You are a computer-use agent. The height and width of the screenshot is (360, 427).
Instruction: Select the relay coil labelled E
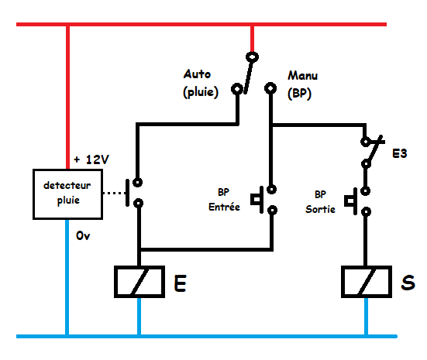pyautogui.click(x=139, y=282)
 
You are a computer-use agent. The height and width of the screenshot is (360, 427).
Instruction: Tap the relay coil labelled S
pyautogui.click(x=367, y=282)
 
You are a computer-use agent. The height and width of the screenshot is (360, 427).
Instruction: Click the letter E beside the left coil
pyautogui.click(x=181, y=283)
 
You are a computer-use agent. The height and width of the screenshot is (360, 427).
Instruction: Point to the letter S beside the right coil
pyautogui.click(x=408, y=282)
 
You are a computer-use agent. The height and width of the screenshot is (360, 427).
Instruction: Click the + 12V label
pyautogui.click(x=91, y=159)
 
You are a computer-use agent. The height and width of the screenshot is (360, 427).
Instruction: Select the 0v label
pyautogui.click(x=83, y=235)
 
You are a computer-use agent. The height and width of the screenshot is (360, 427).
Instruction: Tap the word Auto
pyautogui.click(x=197, y=74)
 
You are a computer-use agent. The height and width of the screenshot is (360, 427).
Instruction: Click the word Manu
pyautogui.click(x=302, y=75)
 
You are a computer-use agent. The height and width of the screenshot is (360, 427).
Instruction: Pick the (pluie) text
pyautogui.click(x=201, y=92)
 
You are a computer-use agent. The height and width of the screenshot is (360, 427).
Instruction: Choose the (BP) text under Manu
pyautogui.click(x=299, y=94)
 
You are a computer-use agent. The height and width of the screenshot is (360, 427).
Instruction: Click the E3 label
pyautogui.click(x=400, y=154)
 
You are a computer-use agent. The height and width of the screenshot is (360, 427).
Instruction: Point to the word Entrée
pyautogui.click(x=224, y=207)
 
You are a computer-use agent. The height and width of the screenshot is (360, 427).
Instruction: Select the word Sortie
pyautogui.click(x=320, y=209)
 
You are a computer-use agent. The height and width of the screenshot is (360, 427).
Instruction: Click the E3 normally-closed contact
pyautogui.click(x=372, y=152)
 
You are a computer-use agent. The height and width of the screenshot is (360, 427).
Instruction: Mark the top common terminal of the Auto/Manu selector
pyautogui.click(x=252, y=57)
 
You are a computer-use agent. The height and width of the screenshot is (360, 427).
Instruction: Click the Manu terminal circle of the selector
pyautogui.click(x=270, y=88)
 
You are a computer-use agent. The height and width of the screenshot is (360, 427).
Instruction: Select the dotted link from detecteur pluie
pyautogui.click(x=114, y=194)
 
